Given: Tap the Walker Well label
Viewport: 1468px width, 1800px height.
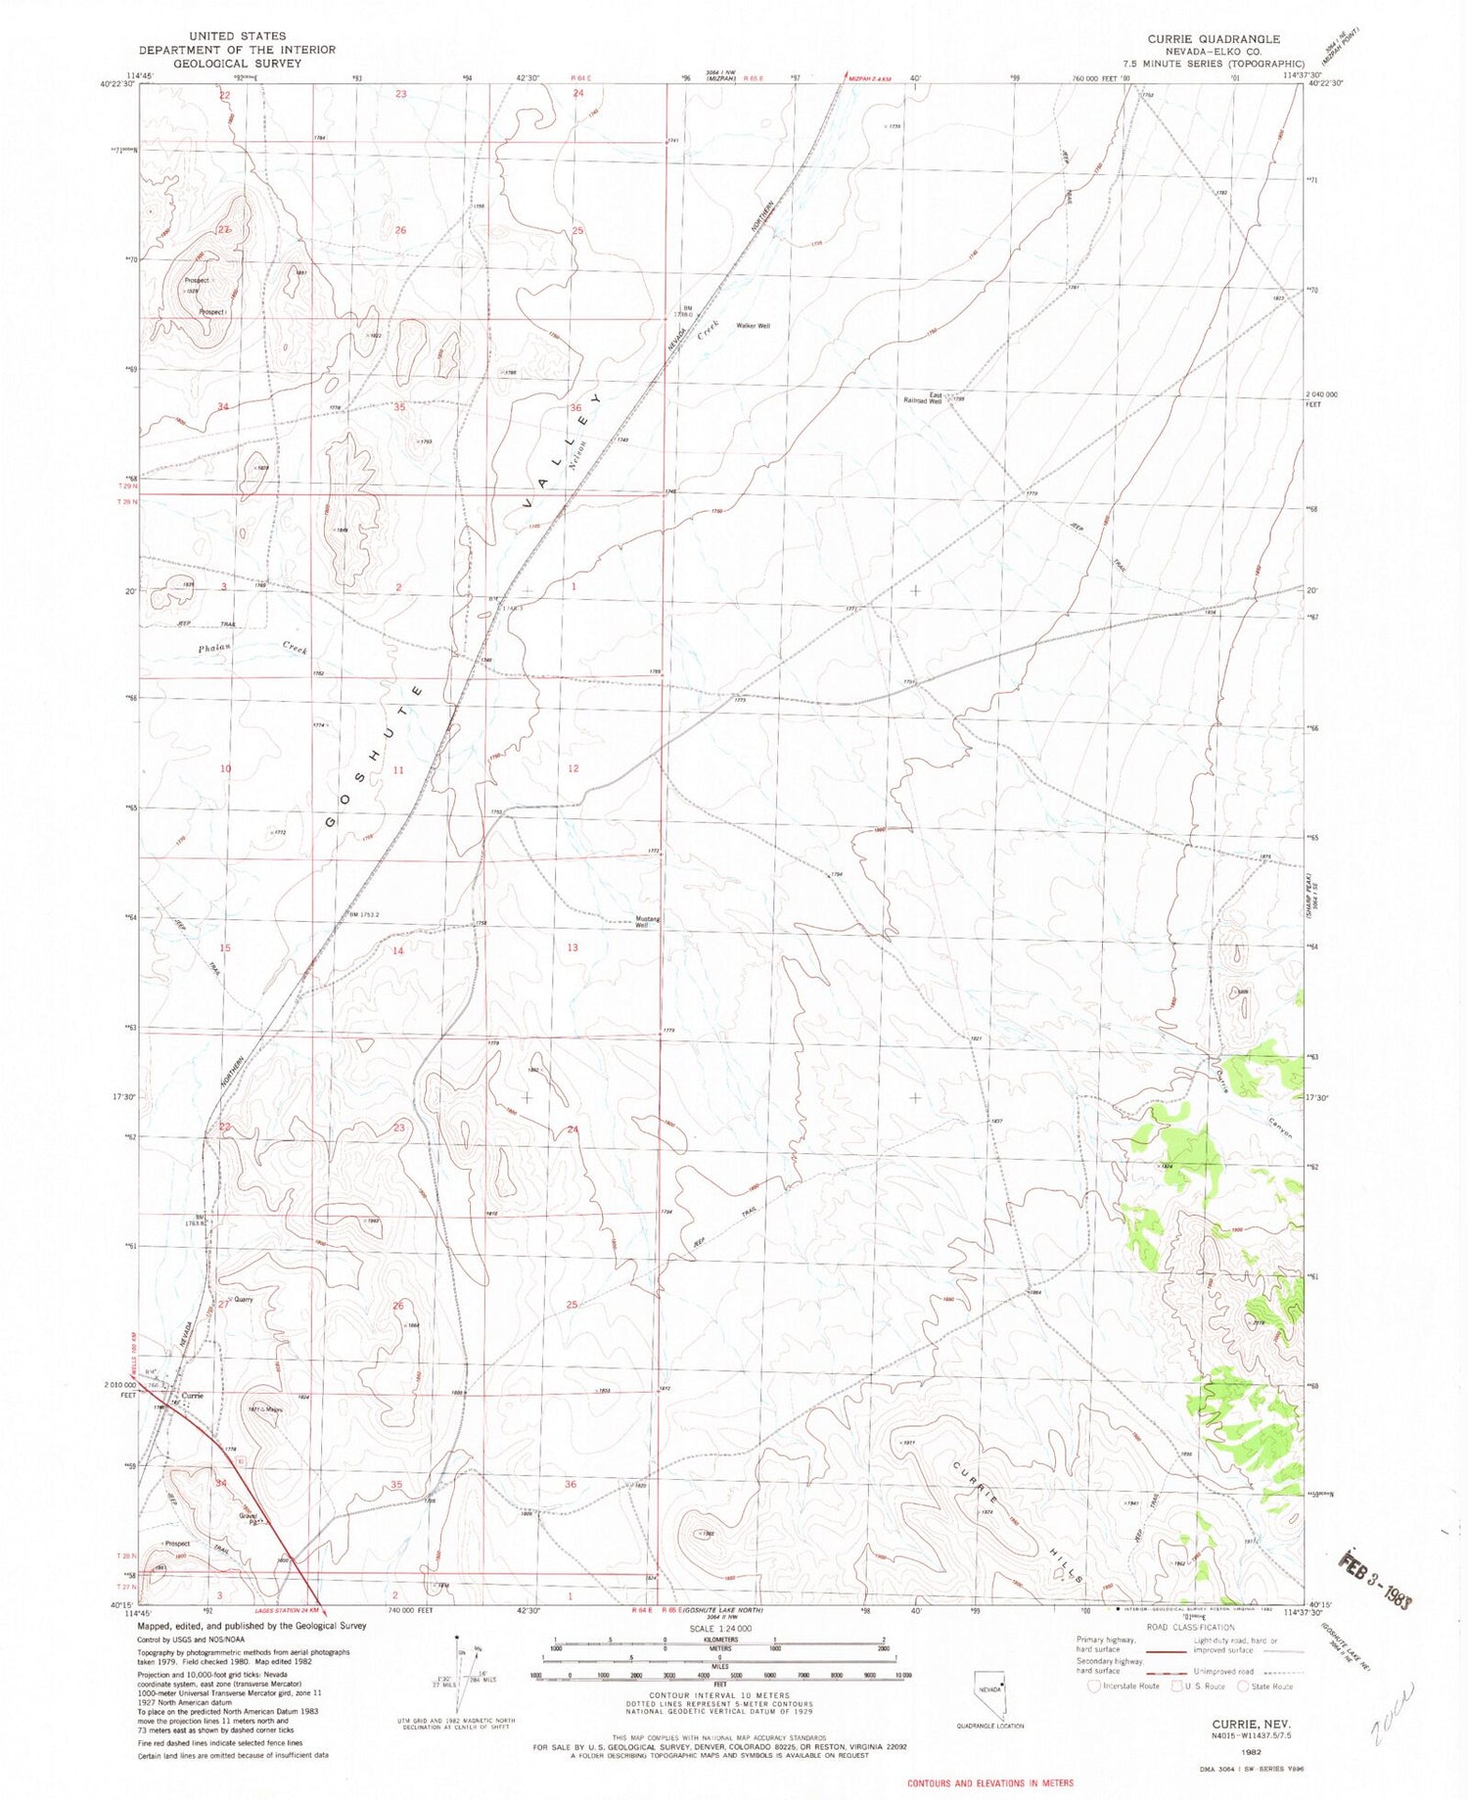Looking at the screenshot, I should tap(754, 326).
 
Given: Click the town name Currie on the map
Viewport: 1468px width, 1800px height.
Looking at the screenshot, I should tap(192, 1396).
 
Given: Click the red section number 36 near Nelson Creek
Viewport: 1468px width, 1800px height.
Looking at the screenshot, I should tap(575, 407).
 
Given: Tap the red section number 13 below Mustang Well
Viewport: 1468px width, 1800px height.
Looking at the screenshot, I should tap(573, 947).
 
